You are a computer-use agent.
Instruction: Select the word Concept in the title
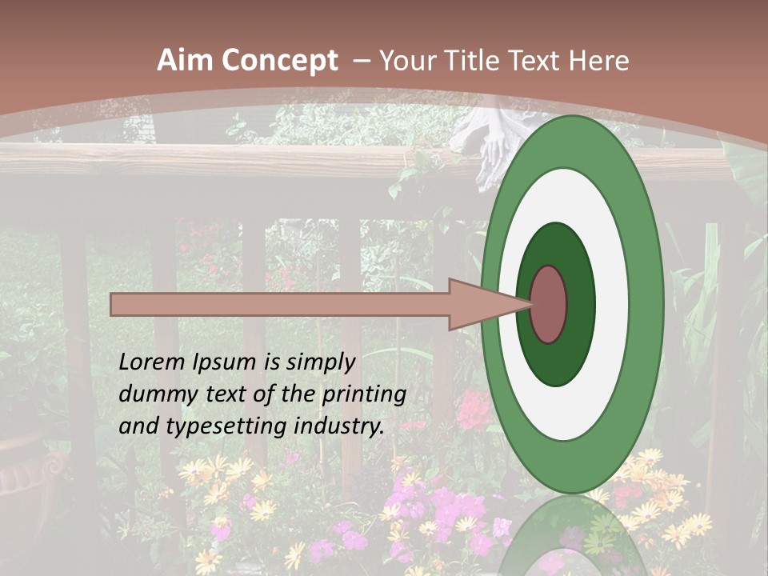278,61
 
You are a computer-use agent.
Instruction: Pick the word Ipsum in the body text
222,363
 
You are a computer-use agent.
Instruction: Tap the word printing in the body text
364,395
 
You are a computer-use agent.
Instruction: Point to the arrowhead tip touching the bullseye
531,304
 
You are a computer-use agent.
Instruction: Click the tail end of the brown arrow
114,304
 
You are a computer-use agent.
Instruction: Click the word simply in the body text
319,362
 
